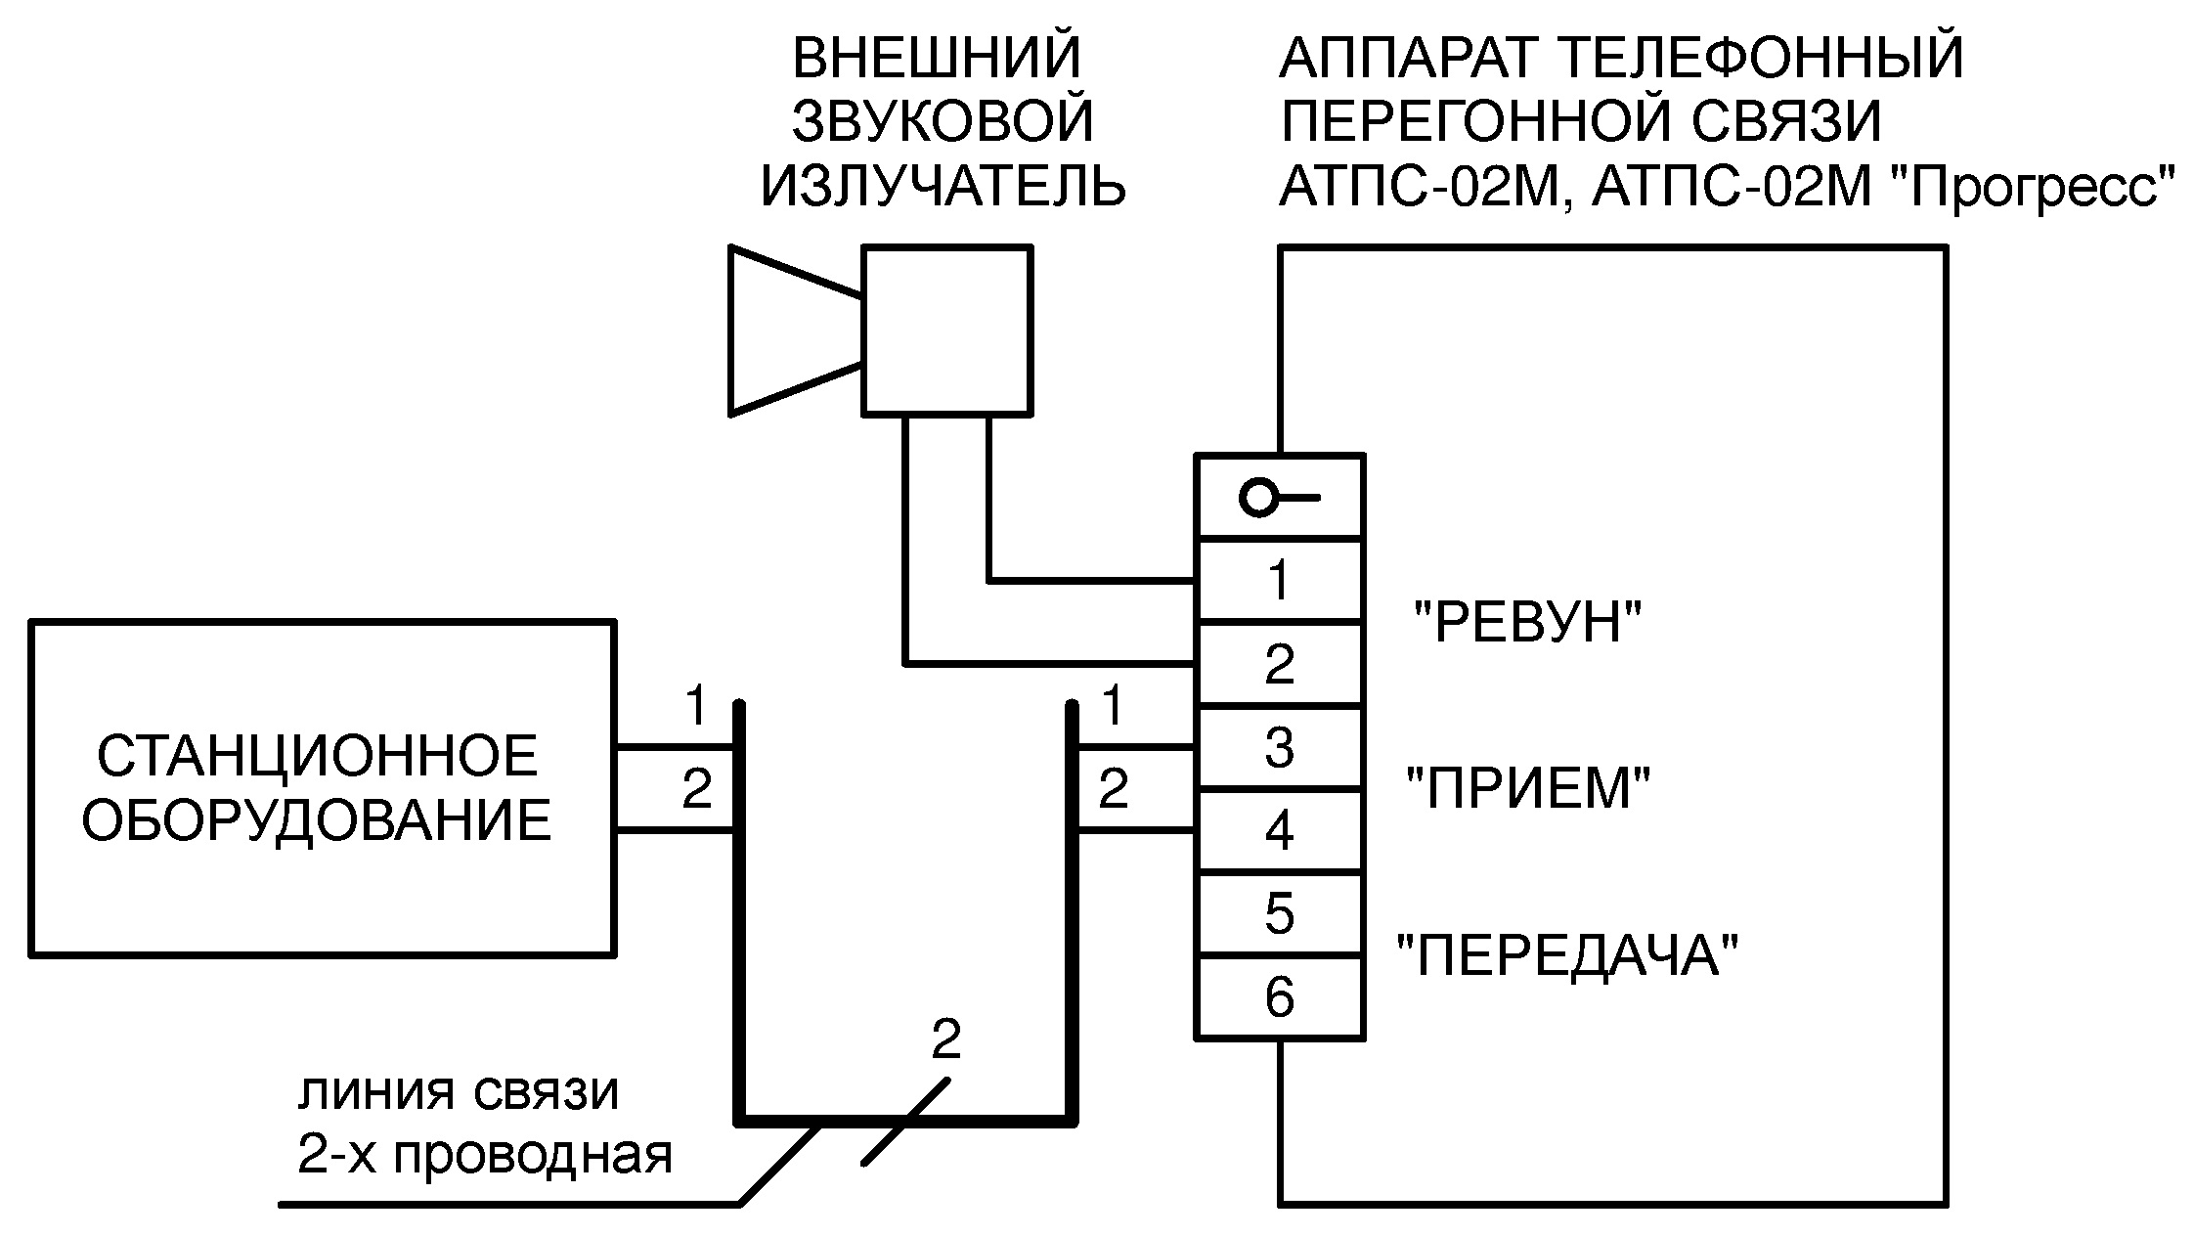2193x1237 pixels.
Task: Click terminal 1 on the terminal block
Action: [x=1279, y=580]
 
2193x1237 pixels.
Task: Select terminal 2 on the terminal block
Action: [x=1279, y=664]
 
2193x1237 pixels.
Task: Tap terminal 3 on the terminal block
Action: [x=1279, y=747]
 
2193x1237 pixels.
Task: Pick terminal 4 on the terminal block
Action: [x=1279, y=830]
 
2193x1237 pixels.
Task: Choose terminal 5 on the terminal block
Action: [x=1279, y=913]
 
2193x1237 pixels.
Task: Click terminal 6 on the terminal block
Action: [x=1279, y=997]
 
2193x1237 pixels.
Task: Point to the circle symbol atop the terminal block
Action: [x=1257, y=499]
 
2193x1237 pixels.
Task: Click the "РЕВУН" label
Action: [x=1529, y=621]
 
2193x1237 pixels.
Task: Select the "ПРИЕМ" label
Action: [x=1528, y=787]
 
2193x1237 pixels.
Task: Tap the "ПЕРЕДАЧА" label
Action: [x=1568, y=955]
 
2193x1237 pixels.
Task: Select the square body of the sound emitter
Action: [x=946, y=331]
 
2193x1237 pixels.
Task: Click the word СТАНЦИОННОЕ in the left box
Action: [x=318, y=756]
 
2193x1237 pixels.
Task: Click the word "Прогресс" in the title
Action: [x=2033, y=186]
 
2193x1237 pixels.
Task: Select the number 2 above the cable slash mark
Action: [x=945, y=1039]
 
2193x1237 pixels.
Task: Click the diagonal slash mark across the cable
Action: [x=906, y=1121]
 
